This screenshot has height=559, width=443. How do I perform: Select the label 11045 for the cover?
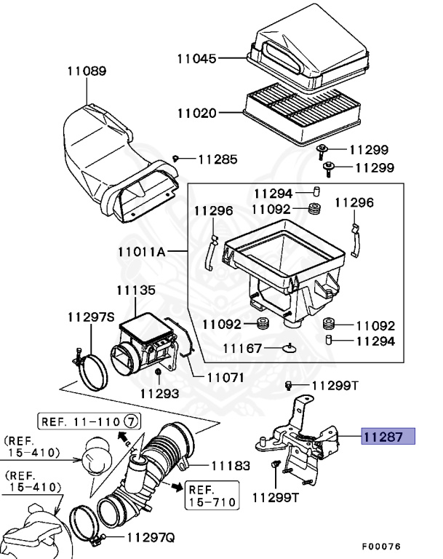pos(196,58)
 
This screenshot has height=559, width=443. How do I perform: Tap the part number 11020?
pos(196,113)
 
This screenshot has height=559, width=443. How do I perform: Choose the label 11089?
pos(87,71)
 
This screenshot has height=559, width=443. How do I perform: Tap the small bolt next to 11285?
pos(176,158)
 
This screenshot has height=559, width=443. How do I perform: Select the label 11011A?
pos(141,253)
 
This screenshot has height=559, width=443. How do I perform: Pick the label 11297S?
pos(92,317)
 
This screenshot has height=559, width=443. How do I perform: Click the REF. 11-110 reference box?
pos(89,421)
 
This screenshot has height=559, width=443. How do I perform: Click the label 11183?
pos(231,464)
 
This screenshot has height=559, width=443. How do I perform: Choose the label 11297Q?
pos(151,538)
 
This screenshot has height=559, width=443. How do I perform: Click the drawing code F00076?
pos(382,546)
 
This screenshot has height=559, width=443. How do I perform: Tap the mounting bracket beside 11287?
pos(302,437)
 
